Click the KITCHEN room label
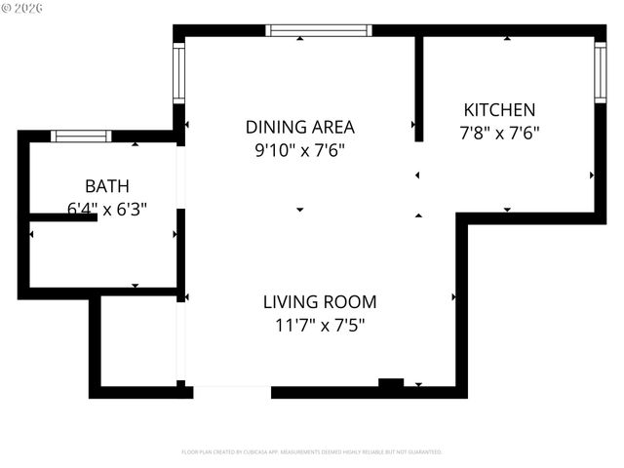point(498,110)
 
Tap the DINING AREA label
point(299,127)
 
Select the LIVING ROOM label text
point(319,302)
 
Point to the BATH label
point(107,185)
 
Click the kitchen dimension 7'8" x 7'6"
point(498,133)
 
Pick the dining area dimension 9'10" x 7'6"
point(299,150)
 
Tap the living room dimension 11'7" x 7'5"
point(319,326)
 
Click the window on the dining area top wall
point(319,30)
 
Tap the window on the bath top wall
point(81,136)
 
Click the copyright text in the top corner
point(23,9)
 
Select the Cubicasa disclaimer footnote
point(312,452)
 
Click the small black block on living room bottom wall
point(391,384)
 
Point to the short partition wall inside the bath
point(63,216)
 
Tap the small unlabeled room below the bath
point(137,341)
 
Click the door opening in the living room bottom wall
point(232,391)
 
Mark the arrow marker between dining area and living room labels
point(299,210)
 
